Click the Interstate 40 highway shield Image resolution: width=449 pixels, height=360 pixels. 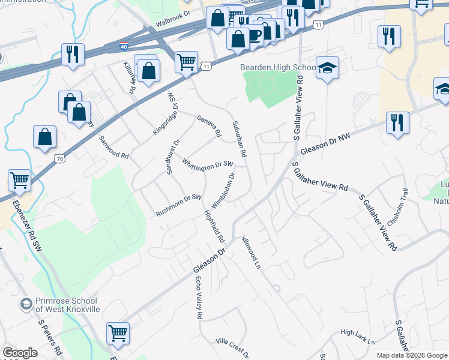124,46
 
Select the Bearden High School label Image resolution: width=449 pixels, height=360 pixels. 278,68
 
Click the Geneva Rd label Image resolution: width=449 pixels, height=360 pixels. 209,125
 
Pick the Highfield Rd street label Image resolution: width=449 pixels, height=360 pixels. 214,225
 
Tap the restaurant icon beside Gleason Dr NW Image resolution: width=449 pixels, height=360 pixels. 397,122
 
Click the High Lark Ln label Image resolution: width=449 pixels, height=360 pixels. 357,337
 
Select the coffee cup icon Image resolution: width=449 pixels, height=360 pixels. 255,34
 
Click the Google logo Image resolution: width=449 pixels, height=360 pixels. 20,353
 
